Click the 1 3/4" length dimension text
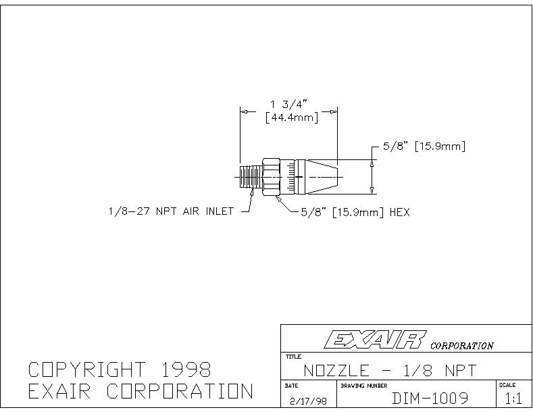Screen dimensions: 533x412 288,104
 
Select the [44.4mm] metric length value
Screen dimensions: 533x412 292,118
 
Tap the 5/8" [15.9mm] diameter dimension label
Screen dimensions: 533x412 424,146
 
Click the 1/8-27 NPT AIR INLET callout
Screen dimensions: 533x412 171,211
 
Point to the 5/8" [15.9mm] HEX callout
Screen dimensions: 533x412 355,213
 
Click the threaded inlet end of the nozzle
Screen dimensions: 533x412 251,177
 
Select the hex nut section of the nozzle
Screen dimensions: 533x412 271,177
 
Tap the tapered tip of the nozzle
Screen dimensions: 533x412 323,177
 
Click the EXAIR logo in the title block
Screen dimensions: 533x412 376,340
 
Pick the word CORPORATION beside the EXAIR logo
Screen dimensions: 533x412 461,346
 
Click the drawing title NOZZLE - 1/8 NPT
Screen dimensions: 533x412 390,370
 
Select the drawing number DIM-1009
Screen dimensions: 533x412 430,398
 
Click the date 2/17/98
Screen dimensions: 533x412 308,401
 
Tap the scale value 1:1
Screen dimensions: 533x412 513,398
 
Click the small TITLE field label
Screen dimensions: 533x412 293,357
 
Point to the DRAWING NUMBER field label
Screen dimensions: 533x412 364,386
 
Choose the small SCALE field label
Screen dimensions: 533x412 507,385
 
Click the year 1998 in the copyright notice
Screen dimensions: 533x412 186,369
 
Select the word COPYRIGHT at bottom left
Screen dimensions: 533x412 86,369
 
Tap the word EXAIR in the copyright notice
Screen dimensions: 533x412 59,391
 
